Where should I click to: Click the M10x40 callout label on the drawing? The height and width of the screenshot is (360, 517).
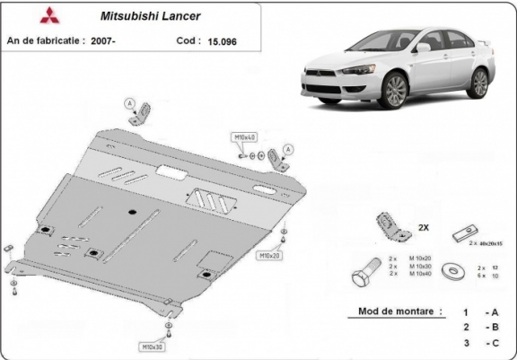click(x=245, y=136)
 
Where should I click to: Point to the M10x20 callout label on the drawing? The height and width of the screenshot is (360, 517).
click(x=270, y=256)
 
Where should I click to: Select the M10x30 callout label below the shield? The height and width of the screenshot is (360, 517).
click(x=150, y=346)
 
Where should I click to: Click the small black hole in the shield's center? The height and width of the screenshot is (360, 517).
click(x=133, y=213)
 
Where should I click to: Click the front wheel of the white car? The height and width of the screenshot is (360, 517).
click(x=395, y=90)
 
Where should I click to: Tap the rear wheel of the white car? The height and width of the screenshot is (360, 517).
click(x=479, y=83)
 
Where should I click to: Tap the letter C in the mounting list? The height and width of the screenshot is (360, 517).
click(x=493, y=344)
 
